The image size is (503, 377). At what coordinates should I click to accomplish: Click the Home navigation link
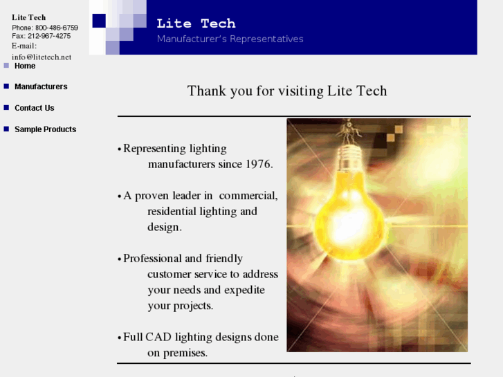tap(25, 66)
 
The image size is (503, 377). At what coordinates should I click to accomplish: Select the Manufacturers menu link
tap(41, 86)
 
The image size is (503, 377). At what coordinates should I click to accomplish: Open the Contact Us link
tap(34, 108)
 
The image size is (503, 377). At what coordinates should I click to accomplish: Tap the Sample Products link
tap(45, 129)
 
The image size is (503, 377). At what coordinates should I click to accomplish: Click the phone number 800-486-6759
tap(57, 28)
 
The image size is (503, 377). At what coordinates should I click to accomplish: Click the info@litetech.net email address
tap(42, 57)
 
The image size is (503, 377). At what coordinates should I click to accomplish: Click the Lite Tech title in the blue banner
tap(196, 24)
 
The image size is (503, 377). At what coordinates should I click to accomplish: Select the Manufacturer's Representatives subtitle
tap(230, 39)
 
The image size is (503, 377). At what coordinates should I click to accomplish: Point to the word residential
tap(172, 212)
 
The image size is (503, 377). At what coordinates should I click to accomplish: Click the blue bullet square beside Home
tap(6, 66)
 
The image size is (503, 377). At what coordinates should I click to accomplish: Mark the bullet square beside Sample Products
tap(6, 129)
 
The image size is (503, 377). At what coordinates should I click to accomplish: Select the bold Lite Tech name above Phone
tap(28, 17)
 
